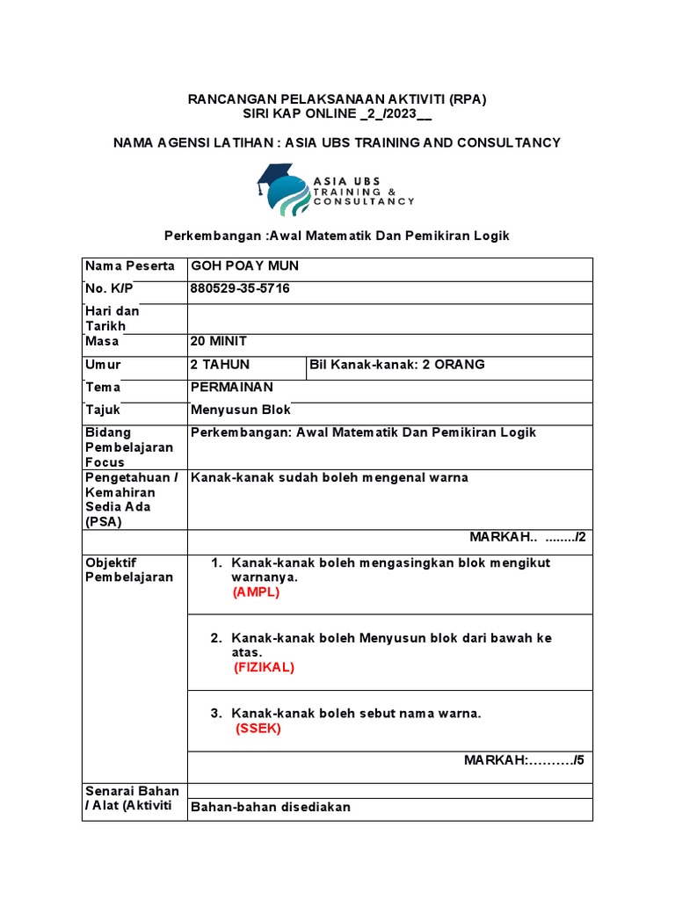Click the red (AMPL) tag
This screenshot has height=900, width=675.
tap(256, 592)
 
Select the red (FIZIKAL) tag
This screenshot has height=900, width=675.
tap(264, 667)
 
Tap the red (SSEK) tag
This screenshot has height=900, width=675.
tap(258, 729)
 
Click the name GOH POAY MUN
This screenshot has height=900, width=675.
tap(238, 266)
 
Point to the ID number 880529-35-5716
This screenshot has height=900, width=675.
tap(240, 288)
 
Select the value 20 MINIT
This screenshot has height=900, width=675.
tap(219, 341)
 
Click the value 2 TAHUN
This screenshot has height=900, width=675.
tap(220, 364)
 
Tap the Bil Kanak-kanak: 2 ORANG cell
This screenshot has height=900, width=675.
tap(397, 364)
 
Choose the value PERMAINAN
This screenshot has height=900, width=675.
tap(232, 387)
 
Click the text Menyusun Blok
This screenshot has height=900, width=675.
tap(241, 410)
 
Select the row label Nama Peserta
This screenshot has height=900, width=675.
tap(129, 266)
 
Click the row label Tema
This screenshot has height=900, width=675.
tap(103, 387)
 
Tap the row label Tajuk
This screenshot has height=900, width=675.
tap(103, 410)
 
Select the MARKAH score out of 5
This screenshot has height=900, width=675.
tap(524, 760)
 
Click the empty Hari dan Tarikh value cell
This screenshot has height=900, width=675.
tap(389, 317)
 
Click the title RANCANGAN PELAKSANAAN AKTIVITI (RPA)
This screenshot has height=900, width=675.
tap(337, 99)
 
